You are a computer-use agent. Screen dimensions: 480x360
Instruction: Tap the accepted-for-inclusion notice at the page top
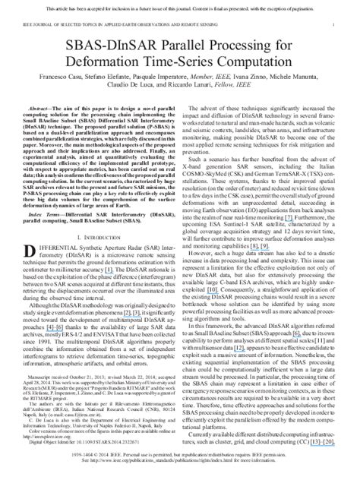[x=180, y=5]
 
